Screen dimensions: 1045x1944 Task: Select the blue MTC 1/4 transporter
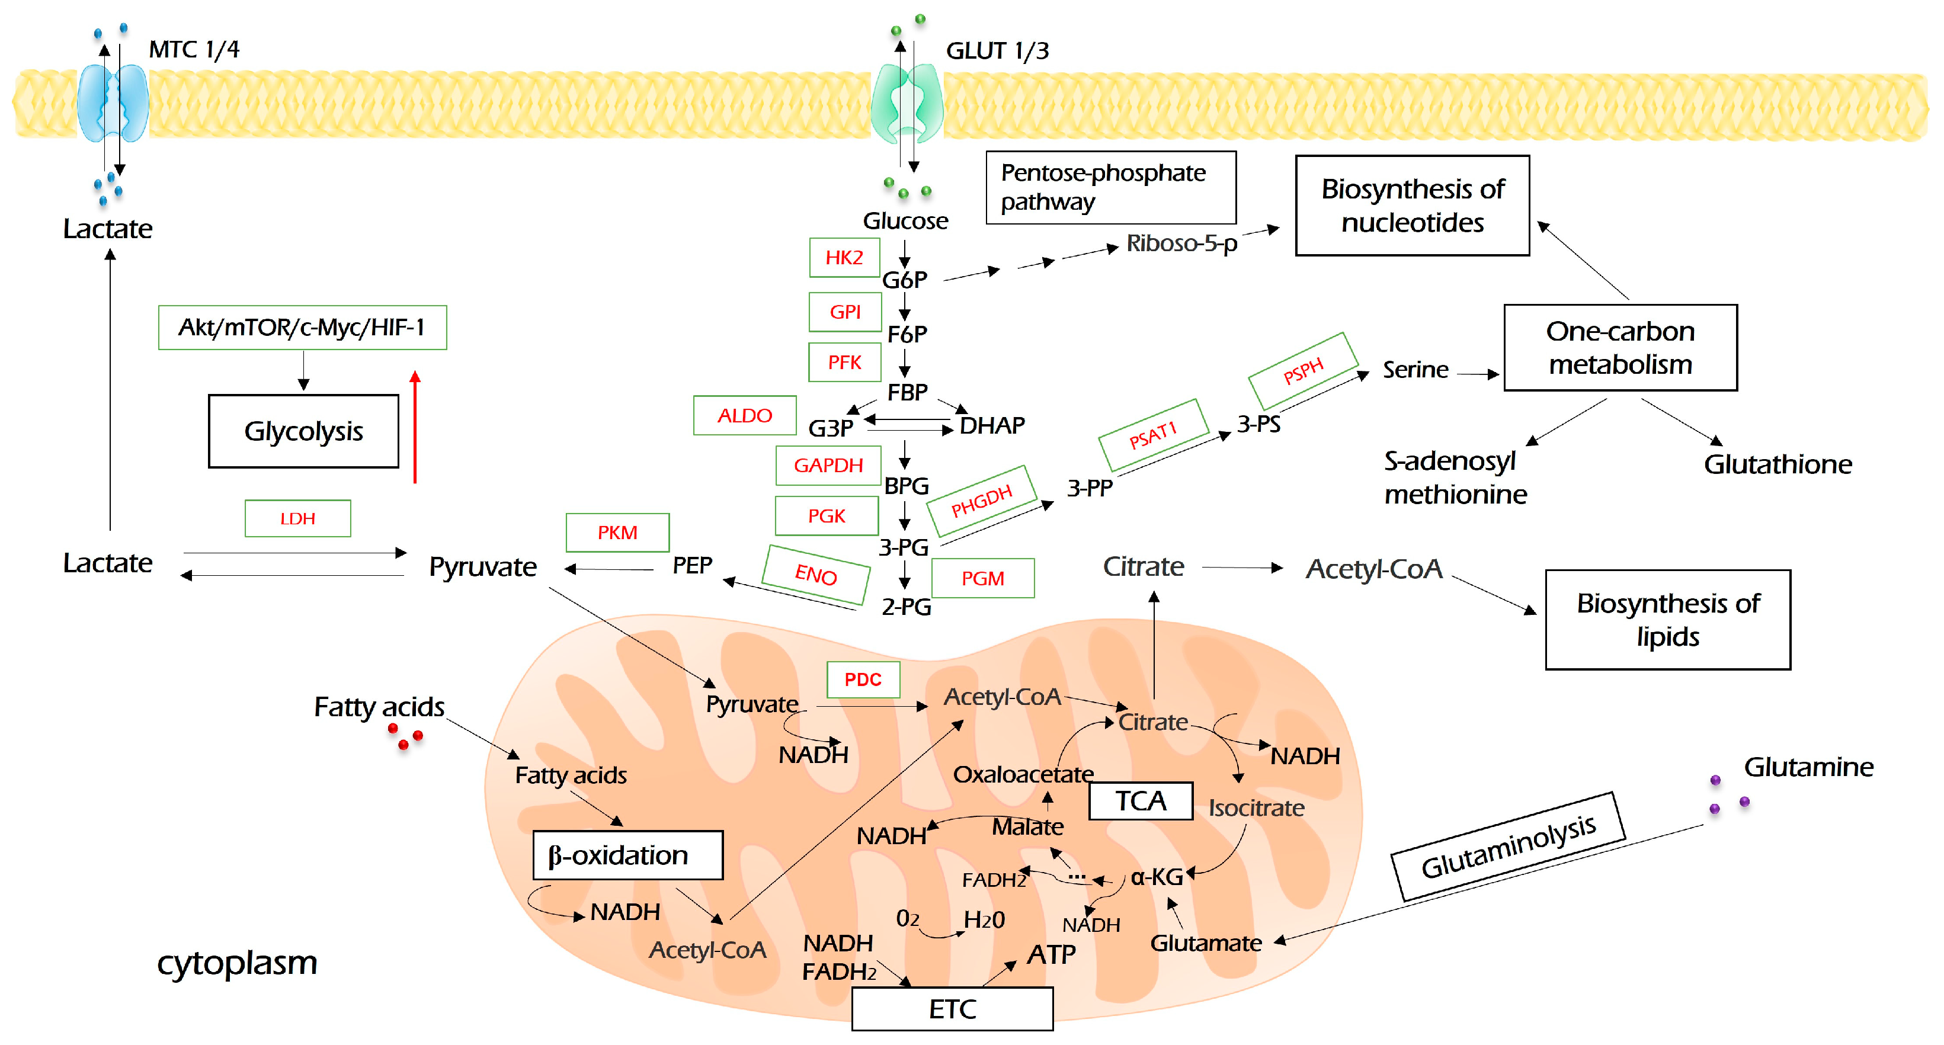pos(113,103)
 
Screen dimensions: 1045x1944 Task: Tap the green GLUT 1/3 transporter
pos(907,103)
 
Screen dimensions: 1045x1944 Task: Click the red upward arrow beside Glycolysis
pos(414,427)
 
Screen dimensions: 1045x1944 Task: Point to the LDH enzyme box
pos(297,518)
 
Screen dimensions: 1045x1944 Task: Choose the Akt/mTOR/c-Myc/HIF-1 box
pos(302,328)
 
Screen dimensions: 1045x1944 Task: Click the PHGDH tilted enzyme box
pos(981,501)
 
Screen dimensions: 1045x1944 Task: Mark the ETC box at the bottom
pos(952,1009)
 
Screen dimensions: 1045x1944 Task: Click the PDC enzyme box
pos(863,679)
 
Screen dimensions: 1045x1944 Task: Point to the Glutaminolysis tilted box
pos(1507,846)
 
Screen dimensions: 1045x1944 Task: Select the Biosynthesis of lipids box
pos(1667,620)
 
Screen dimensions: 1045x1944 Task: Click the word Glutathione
pos(1778,464)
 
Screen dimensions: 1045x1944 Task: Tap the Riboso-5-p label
pos(1181,243)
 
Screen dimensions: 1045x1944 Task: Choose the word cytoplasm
pos(237,963)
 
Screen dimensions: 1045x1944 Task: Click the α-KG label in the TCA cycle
pos(1156,877)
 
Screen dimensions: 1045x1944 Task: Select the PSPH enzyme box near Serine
pos(1304,370)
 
